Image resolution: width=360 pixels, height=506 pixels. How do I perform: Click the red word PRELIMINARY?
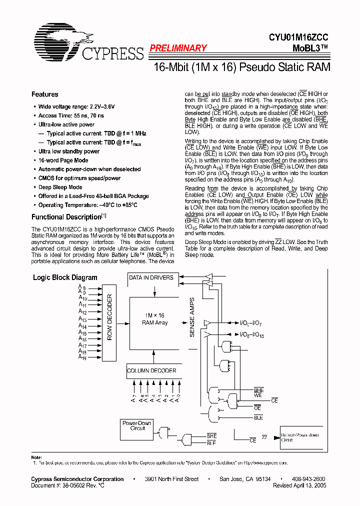[x=177, y=48]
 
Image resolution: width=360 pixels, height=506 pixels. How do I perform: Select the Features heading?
[x=44, y=94]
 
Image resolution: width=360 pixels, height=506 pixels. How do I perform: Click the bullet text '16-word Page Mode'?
[x=63, y=160]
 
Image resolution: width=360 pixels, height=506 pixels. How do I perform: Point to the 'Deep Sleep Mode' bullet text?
[x=60, y=187]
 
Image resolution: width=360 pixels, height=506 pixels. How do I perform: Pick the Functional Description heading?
[x=66, y=217]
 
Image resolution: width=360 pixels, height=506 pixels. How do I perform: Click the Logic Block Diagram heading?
[x=65, y=277]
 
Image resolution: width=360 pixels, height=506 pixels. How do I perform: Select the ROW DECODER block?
[x=110, y=317]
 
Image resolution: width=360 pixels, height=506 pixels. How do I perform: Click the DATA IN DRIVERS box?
[x=151, y=278]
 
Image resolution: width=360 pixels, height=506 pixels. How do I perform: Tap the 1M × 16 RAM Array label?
[x=154, y=319]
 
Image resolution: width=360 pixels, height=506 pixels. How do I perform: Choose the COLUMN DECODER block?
[x=151, y=370]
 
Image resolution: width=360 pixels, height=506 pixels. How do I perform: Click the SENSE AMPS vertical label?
[x=192, y=317]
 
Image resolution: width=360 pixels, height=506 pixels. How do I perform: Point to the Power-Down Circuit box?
[x=137, y=425]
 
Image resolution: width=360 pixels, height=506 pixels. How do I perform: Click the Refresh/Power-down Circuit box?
[x=300, y=437]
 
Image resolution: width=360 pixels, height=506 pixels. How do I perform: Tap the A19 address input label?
[x=82, y=358]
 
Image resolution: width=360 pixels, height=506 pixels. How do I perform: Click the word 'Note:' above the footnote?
[x=36, y=457]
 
